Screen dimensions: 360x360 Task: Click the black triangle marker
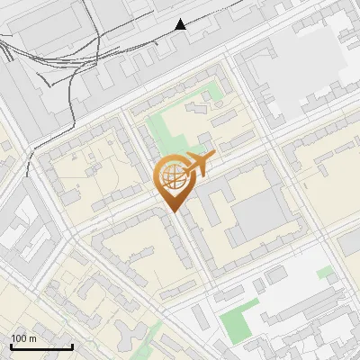[181, 24]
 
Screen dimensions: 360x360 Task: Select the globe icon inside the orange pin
[175, 179]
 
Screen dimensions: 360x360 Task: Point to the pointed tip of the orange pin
[175, 211]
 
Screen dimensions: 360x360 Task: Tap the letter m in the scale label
[33, 338]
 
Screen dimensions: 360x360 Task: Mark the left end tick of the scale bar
[11, 346]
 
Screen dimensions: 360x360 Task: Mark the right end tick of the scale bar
[72, 346]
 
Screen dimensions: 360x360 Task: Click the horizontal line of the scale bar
[41, 347]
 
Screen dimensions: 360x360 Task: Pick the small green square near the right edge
[325, 271]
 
